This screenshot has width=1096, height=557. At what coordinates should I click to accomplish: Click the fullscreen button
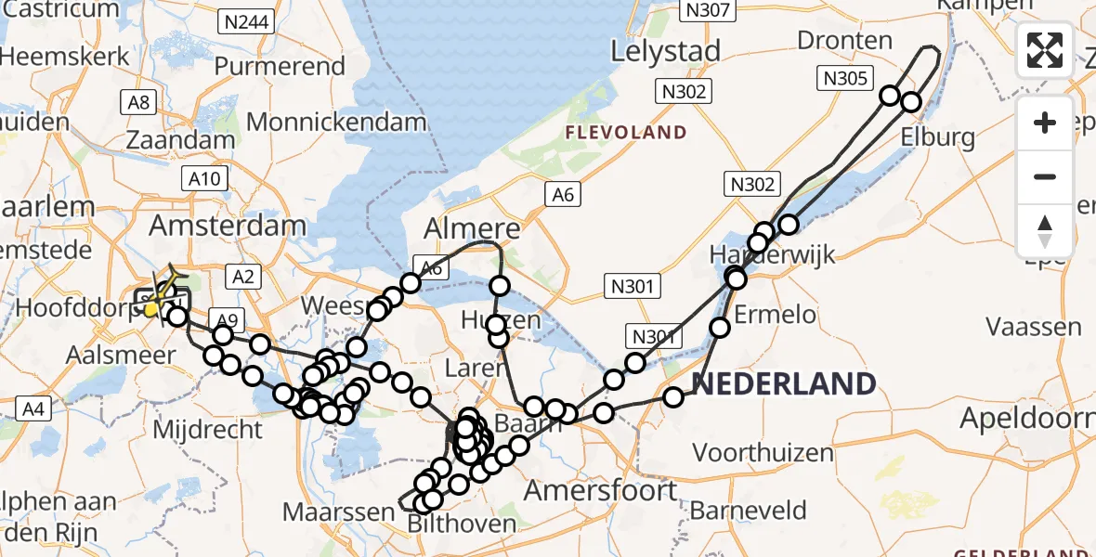click(x=1045, y=50)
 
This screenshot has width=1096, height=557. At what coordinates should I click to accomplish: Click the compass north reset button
click(x=1045, y=231)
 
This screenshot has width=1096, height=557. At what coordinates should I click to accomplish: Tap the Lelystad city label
click(x=665, y=51)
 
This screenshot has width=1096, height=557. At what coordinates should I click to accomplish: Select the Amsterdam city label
click(x=228, y=225)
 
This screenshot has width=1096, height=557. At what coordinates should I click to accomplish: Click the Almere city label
click(x=472, y=228)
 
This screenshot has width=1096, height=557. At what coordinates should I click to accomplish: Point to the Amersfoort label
click(x=601, y=490)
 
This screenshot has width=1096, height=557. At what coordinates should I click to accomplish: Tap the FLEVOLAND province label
click(x=626, y=133)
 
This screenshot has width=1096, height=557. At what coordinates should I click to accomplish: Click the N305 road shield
click(x=845, y=79)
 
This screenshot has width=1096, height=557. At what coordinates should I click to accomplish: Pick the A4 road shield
click(x=33, y=408)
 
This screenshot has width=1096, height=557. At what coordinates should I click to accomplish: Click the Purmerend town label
click(x=280, y=67)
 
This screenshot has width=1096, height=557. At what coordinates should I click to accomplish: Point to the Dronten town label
click(x=844, y=41)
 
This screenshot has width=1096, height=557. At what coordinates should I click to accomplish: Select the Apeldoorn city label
click(x=1027, y=419)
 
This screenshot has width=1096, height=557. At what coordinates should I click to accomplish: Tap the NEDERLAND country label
click(x=783, y=383)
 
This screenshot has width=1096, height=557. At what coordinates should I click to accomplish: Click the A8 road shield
click(x=139, y=101)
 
